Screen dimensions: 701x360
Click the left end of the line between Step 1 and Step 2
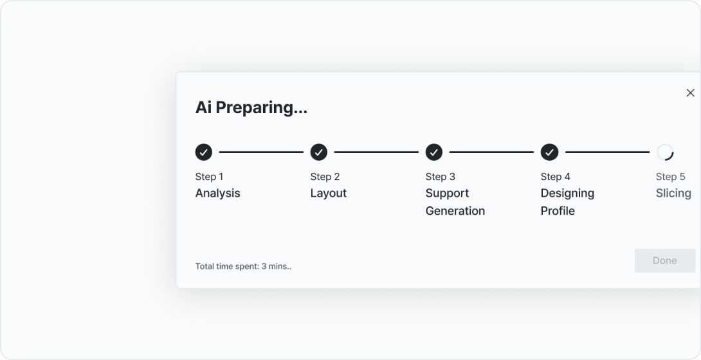(x=219, y=152)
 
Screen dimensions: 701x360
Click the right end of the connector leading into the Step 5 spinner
(x=650, y=152)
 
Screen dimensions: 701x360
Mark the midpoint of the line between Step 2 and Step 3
(x=376, y=152)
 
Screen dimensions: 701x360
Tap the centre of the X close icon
(x=690, y=93)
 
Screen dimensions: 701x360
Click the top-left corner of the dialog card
(x=177, y=72)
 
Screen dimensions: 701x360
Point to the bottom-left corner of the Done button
(x=635, y=272)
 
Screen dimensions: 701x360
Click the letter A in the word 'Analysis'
(x=199, y=193)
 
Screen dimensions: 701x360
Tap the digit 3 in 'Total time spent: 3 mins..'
(x=264, y=266)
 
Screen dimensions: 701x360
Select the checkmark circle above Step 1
(x=203, y=152)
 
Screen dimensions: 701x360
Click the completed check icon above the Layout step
(x=319, y=152)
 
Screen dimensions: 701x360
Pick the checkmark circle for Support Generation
(x=433, y=152)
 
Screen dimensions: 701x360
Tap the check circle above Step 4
(x=549, y=152)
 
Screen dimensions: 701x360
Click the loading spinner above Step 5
(x=665, y=152)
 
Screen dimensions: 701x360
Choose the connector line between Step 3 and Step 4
(x=491, y=152)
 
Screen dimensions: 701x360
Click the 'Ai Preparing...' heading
(x=251, y=107)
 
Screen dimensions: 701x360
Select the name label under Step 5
(x=673, y=194)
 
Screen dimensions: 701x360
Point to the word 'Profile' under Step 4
(x=558, y=211)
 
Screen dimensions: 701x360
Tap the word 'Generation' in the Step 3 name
(x=455, y=211)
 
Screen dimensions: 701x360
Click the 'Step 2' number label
(x=325, y=177)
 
